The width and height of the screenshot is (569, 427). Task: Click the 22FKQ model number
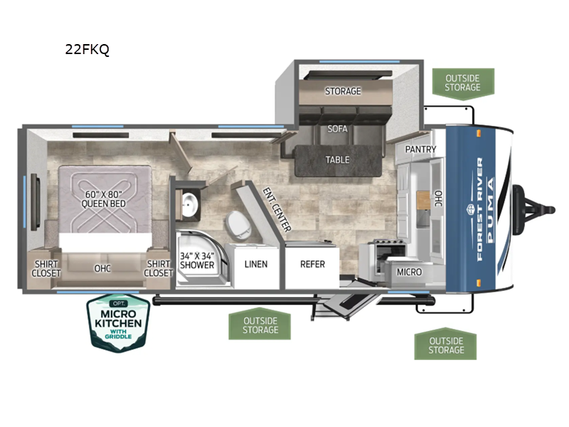87,49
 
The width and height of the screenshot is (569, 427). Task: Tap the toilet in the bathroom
239,225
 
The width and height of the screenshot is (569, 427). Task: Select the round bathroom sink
190,204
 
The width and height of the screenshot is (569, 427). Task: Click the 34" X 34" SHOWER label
197,260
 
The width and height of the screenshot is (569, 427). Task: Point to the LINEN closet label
256,264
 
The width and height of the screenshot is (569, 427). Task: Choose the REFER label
312,264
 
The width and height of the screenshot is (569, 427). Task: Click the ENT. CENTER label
277,209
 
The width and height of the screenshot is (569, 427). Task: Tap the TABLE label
337,159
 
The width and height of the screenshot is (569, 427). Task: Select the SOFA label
337,129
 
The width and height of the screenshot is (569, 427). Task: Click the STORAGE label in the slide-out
343,91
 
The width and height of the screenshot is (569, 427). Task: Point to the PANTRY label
420,149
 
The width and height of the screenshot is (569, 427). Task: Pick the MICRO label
410,272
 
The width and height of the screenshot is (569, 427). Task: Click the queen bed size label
103,199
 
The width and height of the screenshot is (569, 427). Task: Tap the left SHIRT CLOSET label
46,269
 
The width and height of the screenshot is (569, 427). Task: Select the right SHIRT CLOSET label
158,269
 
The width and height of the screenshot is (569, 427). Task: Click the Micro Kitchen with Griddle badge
118,323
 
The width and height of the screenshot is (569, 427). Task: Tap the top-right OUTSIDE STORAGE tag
463,83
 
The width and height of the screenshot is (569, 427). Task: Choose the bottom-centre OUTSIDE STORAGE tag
260,325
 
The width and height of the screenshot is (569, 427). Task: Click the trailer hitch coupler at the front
534,209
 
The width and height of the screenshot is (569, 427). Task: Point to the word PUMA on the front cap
490,210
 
